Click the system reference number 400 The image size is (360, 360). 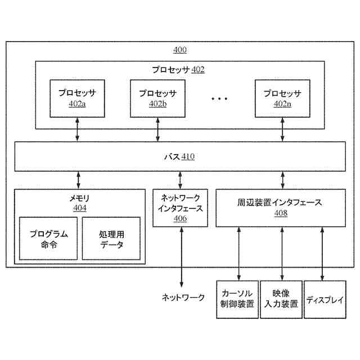tap(179, 50)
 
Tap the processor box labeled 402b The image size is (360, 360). tap(157, 98)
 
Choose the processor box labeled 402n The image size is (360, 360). tap(282, 98)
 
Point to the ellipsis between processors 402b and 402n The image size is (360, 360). tap(219, 98)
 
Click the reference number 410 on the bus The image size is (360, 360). tap(188, 157)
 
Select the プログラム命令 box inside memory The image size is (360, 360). tap(49, 238)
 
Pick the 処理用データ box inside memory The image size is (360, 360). tap(111, 238)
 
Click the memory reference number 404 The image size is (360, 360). tap(79, 208)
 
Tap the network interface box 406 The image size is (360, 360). tap(181, 208)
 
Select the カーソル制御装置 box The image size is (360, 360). tap(237, 299)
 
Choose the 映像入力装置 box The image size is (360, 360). tap(281, 299)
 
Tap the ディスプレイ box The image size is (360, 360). tap(325, 299)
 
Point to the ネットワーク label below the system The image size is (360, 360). tap(183, 298)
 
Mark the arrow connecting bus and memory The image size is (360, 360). tap(78, 180)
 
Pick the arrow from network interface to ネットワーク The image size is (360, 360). tap(181, 256)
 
